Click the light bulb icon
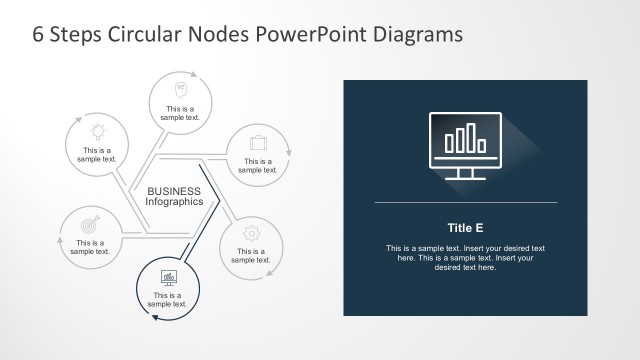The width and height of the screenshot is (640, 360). tap(98, 130)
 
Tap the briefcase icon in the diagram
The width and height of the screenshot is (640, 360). tap(258, 142)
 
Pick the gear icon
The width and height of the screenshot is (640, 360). tap(251, 231)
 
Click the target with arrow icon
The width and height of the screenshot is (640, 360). tap(89, 225)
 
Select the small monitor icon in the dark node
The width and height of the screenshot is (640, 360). tap(169, 277)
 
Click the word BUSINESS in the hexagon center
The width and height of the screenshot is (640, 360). tap(174, 191)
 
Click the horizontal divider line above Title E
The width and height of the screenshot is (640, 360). tap(465, 203)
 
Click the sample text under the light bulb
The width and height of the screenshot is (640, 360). tap(98, 154)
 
